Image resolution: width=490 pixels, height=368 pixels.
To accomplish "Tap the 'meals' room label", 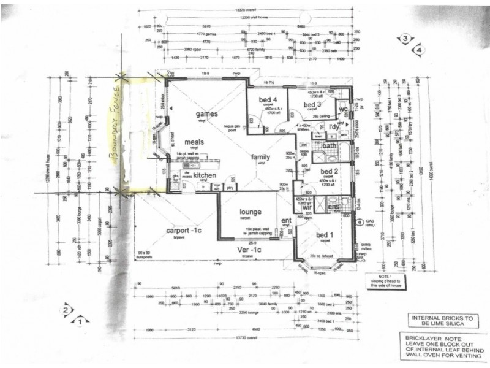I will tap(191, 142).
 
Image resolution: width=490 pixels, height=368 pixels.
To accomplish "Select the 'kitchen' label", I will tap(205, 175).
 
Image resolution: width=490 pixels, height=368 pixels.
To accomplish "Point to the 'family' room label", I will tap(261, 157).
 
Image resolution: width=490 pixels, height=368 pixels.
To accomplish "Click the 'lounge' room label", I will tap(250, 212).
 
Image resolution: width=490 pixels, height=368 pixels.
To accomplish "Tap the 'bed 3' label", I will tap(315, 105).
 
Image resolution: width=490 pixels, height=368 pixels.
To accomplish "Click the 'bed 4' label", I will tap(268, 99).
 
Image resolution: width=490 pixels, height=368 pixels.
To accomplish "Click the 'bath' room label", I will tap(330, 146).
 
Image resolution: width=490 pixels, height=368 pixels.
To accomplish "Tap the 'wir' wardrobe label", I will tap(307, 207).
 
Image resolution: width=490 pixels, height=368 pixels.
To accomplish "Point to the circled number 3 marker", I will tap(405, 39).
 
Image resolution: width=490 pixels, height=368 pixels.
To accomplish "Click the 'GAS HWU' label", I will tap(369, 224).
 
